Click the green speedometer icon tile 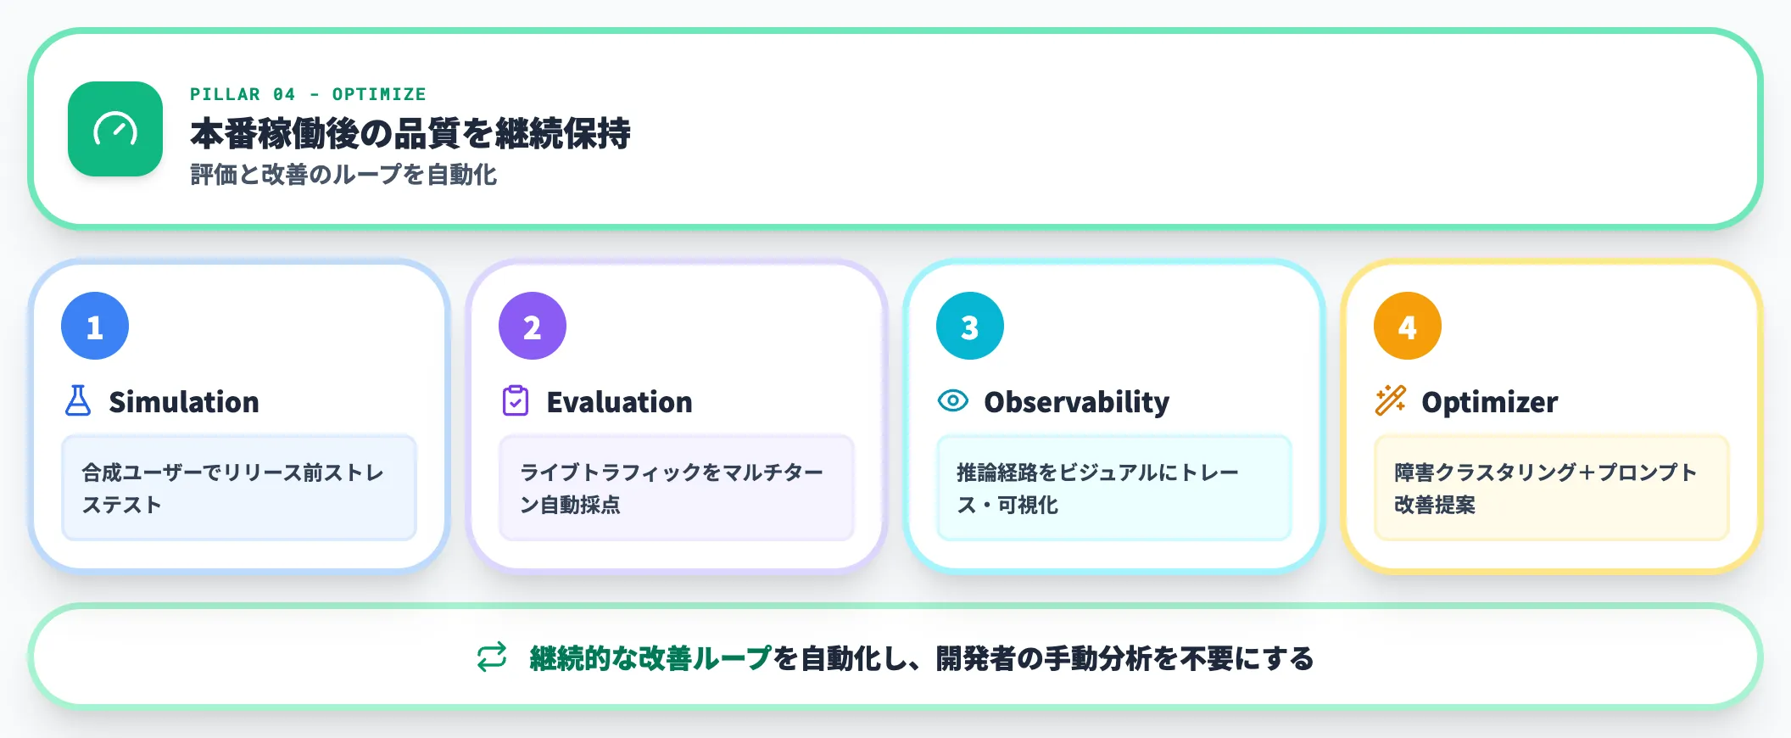[115, 129]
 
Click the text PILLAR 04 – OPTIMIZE [308, 94]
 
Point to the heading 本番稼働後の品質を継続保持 [410, 133]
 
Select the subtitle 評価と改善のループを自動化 [343, 175]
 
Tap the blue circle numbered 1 [95, 327]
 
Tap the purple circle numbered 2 [533, 327]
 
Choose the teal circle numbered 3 [970, 327]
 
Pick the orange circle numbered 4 [1408, 327]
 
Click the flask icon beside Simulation [78, 401]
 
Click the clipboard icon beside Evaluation [516, 401]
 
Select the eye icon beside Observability [953, 400]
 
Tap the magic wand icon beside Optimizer [1391, 400]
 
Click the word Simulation [184, 402]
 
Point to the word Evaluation [619, 402]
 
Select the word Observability [1076, 402]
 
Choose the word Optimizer [1489, 402]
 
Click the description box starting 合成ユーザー [239, 488]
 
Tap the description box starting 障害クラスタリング [1551, 488]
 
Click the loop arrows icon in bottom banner [492, 657]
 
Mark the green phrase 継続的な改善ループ [650, 658]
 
